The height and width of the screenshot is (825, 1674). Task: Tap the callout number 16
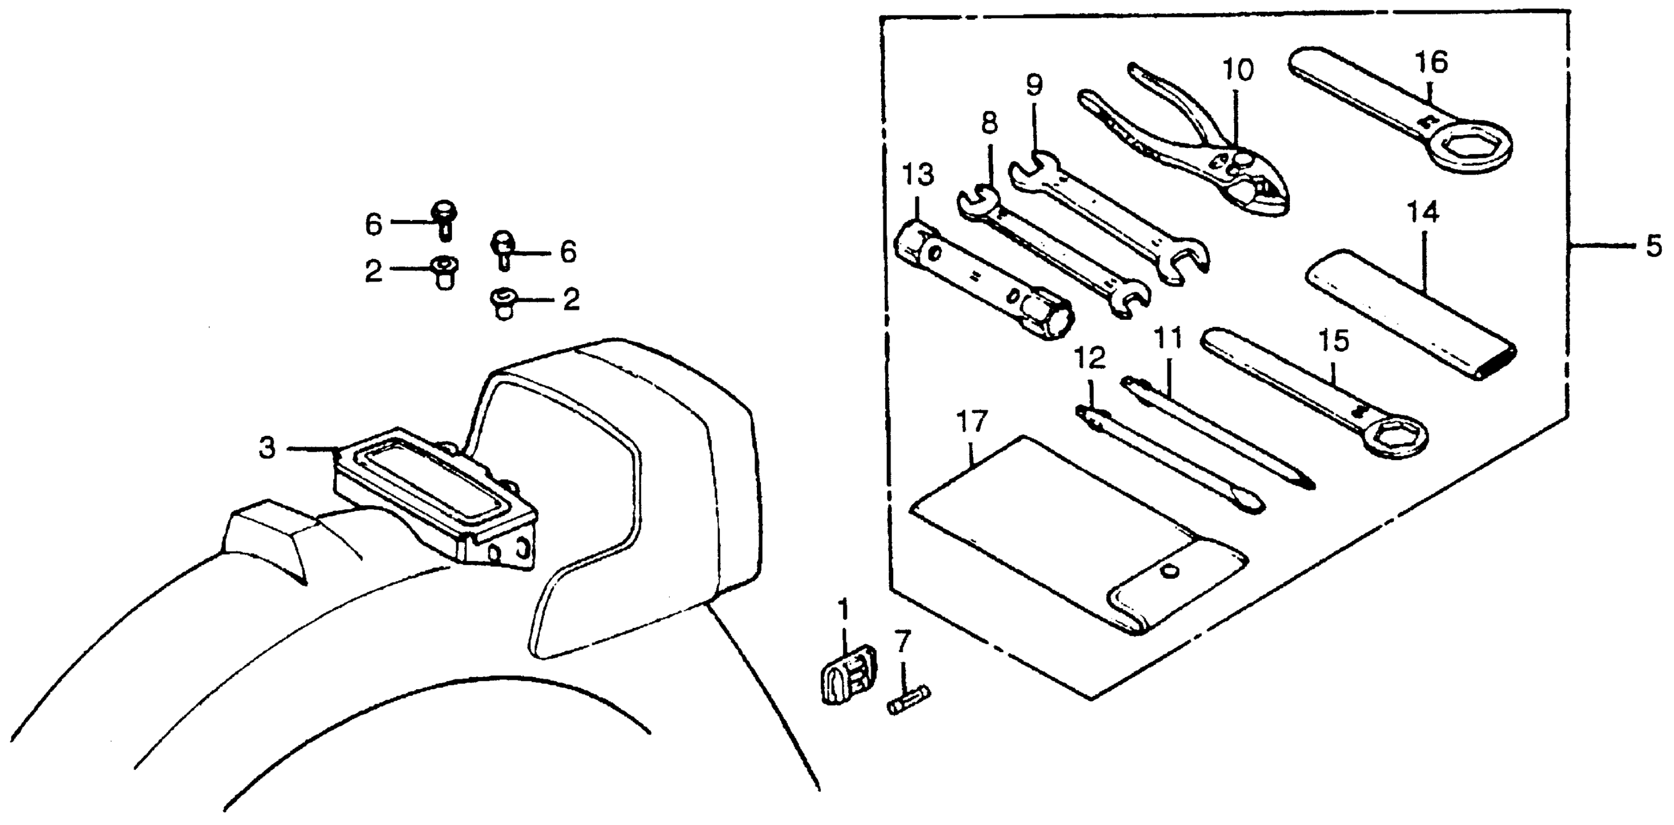click(1430, 63)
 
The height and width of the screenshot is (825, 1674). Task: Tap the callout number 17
click(971, 422)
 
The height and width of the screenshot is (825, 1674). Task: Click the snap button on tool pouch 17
click(1170, 572)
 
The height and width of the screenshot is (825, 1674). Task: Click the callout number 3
click(267, 448)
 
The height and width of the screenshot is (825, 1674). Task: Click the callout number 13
click(918, 175)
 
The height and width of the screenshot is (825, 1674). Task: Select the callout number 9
click(1034, 85)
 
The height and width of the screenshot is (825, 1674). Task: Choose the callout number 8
click(989, 123)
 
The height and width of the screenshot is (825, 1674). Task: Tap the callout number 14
click(1423, 213)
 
